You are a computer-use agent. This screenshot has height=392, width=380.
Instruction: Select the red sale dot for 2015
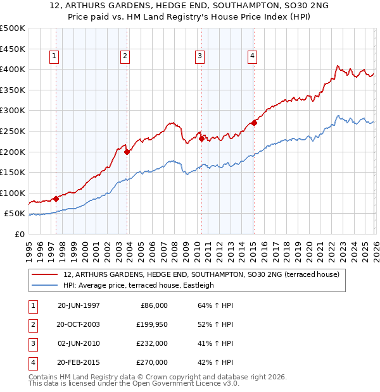(254, 123)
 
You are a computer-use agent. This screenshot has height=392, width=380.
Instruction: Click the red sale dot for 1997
(56, 199)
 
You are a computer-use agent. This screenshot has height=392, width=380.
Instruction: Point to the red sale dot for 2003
(127, 152)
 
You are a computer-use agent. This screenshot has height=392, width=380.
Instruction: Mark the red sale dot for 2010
(201, 138)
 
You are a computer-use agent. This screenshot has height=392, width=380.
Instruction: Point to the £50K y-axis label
(15, 214)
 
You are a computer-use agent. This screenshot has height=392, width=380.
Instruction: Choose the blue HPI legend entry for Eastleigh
(139, 285)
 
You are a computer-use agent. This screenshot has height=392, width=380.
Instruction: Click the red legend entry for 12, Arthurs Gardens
(201, 274)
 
